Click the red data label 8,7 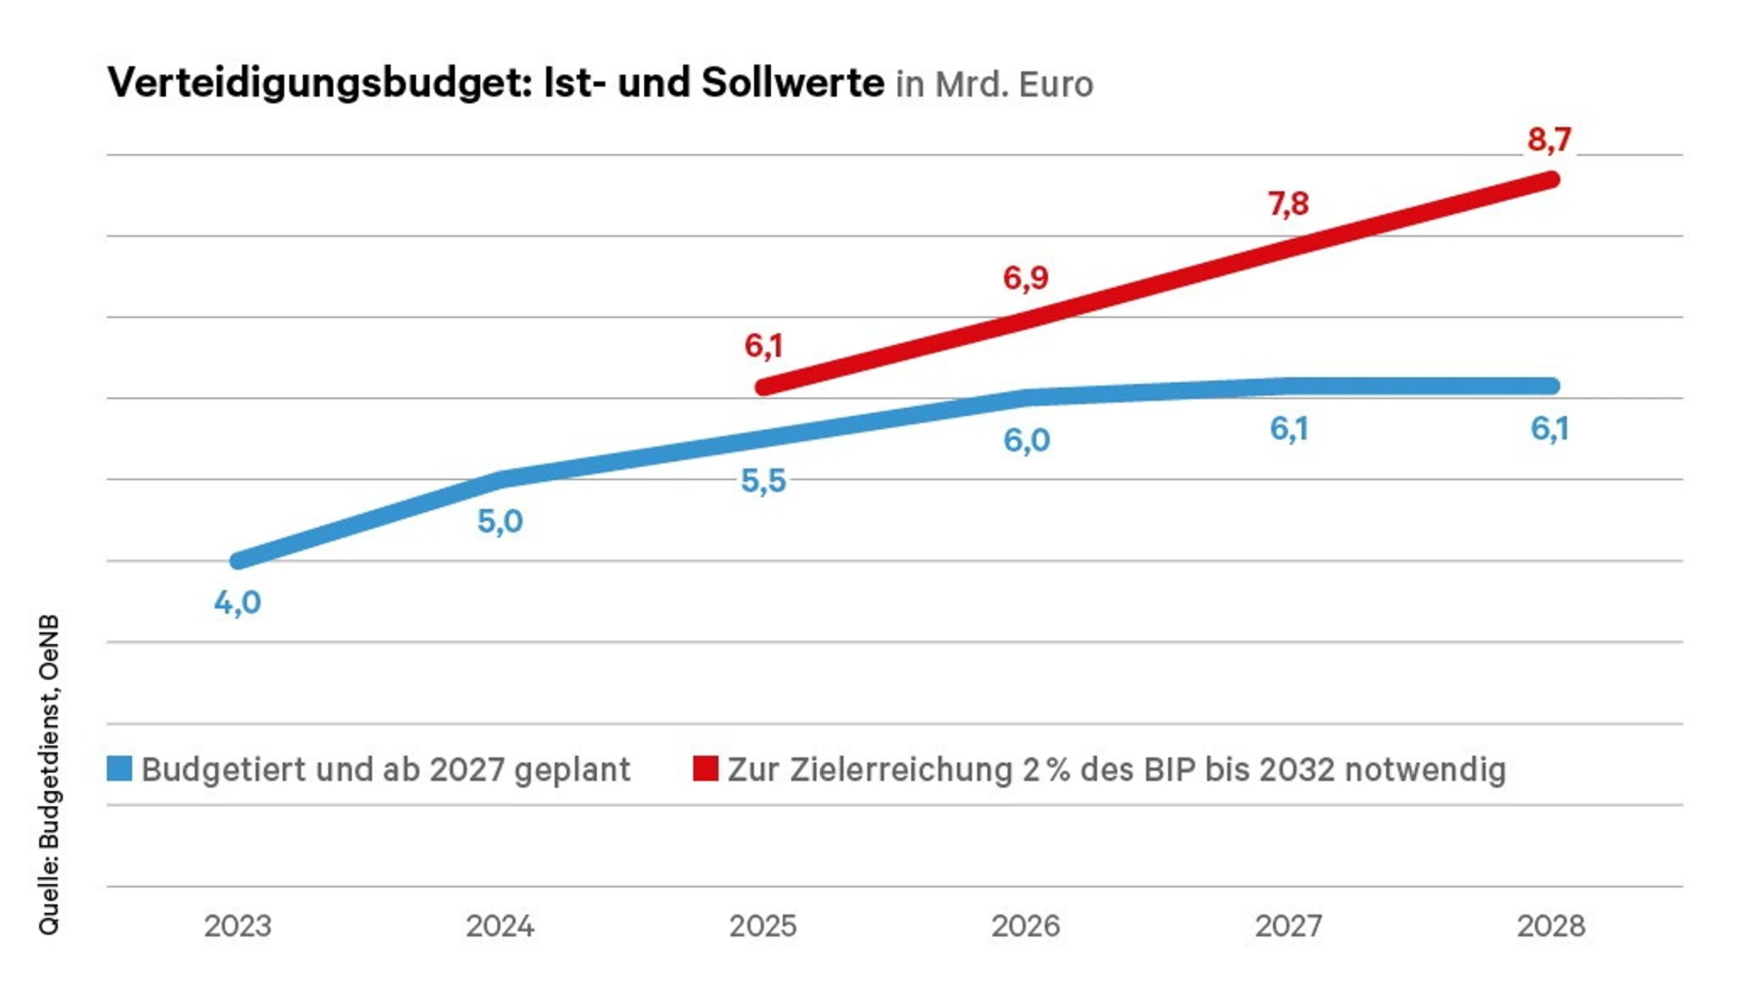pos(1549,140)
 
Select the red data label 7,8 pos(1288,204)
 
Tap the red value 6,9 pos(1025,278)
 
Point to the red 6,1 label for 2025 pos(763,345)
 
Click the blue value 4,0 pos(238,603)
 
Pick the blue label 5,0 pos(500,522)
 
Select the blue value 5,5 pos(763,481)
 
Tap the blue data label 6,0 pos(1026,441)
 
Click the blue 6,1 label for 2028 pos(1550,429)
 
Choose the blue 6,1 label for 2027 pos(1289,429)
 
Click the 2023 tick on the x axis pos(238,926)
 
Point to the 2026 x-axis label pos(1025,926)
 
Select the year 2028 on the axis pos(1551,926)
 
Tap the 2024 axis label pos(500,926)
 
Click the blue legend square pos(119,769)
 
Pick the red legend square pos(706,769)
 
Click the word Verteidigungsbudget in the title pos(320,83)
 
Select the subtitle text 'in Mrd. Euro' pos(994,85)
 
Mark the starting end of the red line pos(764,388)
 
